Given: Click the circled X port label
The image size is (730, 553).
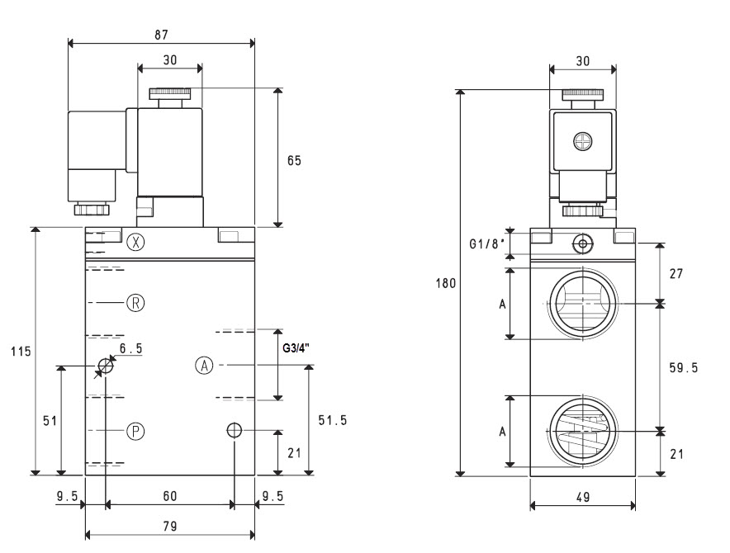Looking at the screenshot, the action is click(135, 242).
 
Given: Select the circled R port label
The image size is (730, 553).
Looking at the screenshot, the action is click(135, 303).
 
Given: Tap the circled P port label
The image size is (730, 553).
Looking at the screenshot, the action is click(135, 431).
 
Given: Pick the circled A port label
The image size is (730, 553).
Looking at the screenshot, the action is click(204, 366).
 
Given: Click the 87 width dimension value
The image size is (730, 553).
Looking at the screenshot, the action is click(161, 35).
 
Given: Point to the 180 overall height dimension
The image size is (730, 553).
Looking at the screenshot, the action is click(446, 283).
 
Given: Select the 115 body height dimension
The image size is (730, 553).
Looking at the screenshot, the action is click(21, 351).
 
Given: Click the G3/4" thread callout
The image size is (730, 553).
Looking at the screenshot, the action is click(296, 347).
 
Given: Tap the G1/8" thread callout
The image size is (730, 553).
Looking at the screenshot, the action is click(487, 244).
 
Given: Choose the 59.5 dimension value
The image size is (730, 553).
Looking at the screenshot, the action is click(684, 368).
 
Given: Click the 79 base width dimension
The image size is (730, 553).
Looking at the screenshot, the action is click(170, 526).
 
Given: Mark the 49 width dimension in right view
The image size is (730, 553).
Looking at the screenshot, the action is click(583, 497).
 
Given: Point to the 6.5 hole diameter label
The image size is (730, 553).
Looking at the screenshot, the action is click(130, 348).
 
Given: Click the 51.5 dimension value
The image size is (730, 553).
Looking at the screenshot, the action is click(333, 420).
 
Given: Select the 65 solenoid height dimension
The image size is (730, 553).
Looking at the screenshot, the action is click(294, 161).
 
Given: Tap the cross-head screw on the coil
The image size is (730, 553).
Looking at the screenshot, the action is click(582, 141).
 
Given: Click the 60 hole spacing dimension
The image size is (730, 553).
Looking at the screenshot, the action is click(170, 496).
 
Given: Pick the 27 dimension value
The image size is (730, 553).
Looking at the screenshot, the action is click(676, 273).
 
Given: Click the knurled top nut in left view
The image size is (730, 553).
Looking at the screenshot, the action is click(170, 94).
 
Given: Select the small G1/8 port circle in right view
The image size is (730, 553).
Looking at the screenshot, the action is click(582, 243).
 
